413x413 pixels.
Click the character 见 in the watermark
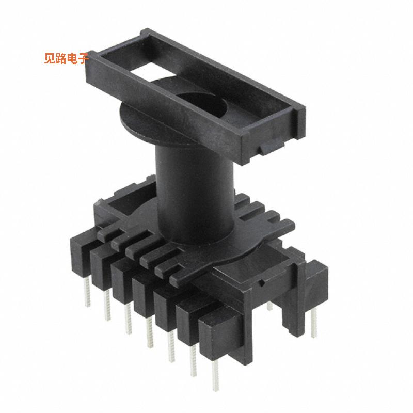pos(50,58)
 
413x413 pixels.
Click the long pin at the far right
pos(314,325)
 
